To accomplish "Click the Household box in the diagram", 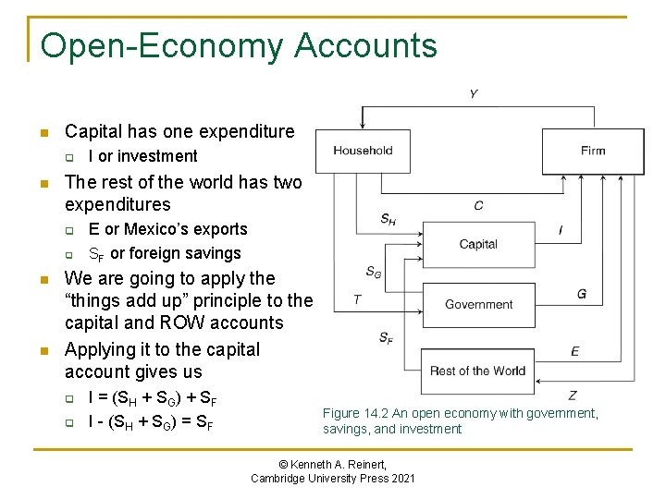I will (363, 151).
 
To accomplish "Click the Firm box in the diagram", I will (593, 151).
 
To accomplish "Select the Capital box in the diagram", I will (478, 244).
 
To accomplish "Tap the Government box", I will (478, 304).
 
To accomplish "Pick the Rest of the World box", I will (477, 371).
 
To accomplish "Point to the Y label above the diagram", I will (474, 94).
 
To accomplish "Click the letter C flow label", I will (478, 206).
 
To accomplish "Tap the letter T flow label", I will (357, 299).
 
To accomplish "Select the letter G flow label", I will (581, 294).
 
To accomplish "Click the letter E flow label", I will (574, 351).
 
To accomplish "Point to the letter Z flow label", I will (573, 396).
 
